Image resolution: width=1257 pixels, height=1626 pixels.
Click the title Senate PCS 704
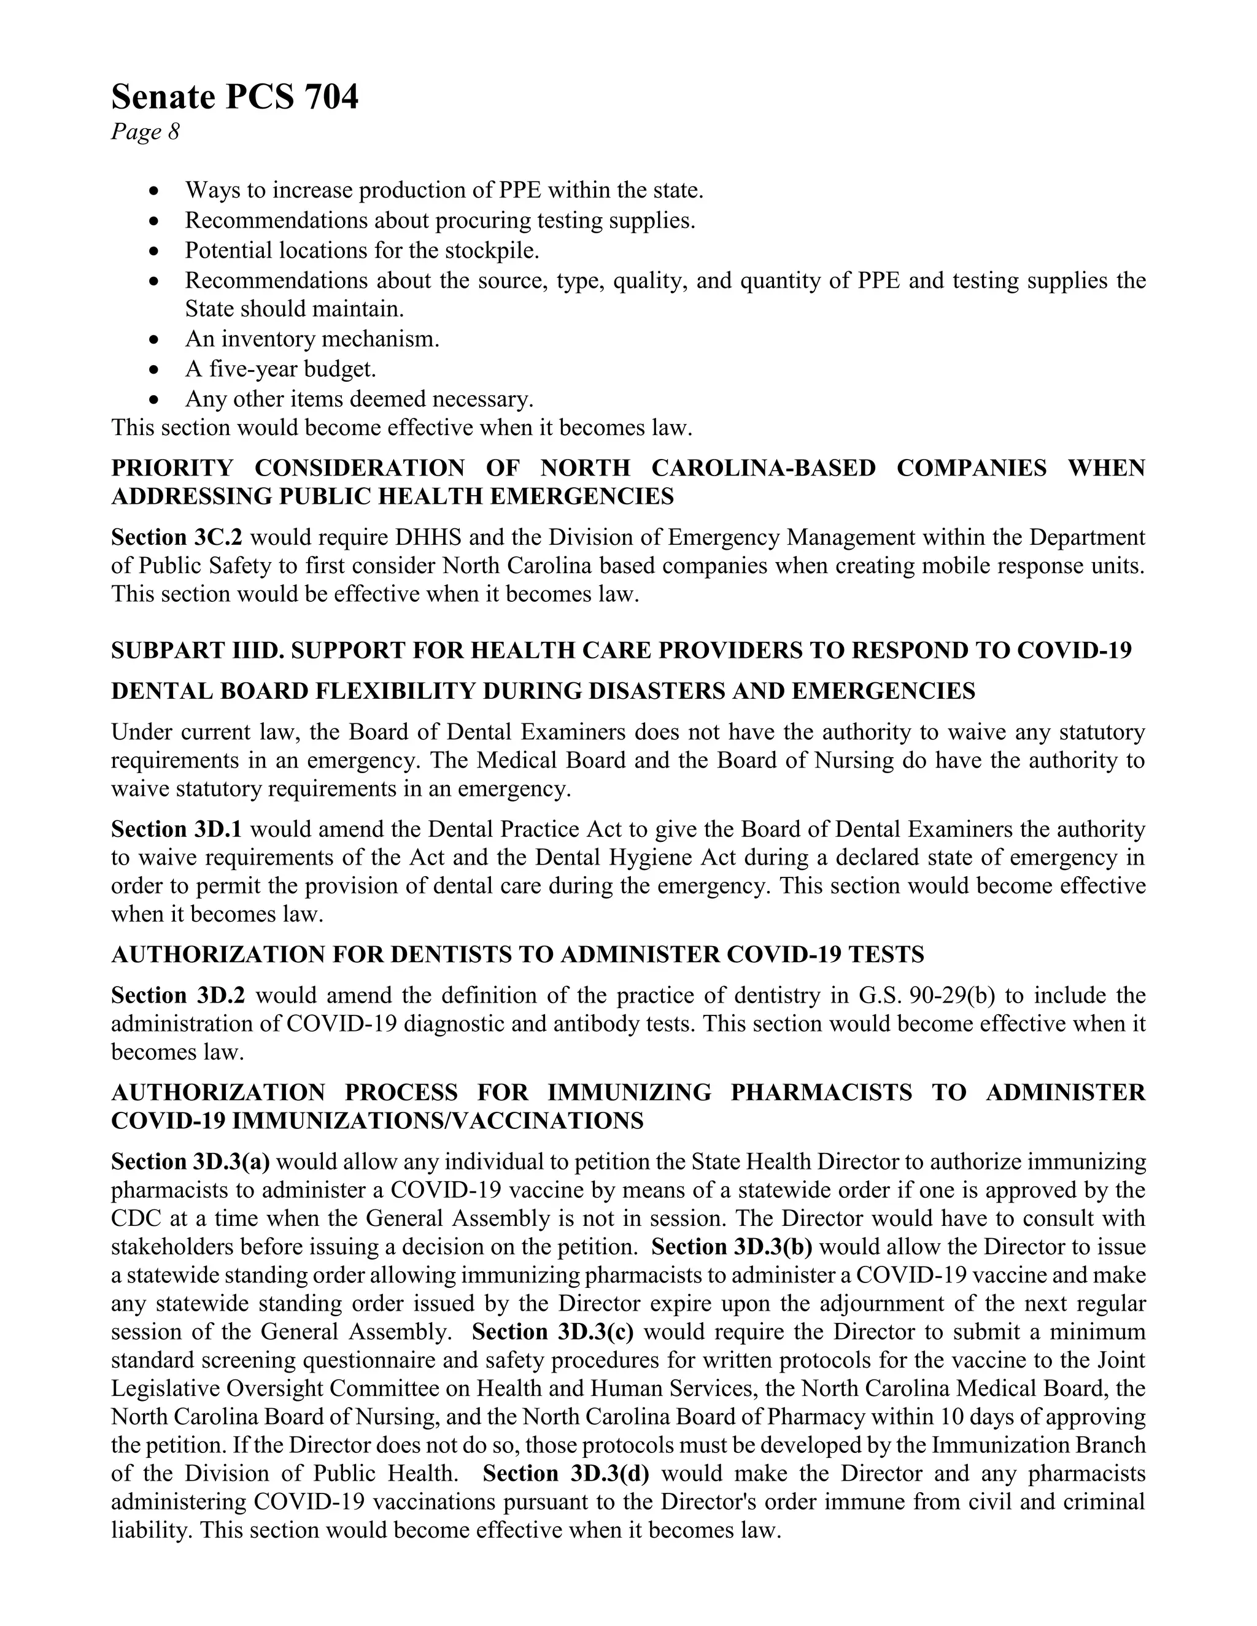[x=234, y=98]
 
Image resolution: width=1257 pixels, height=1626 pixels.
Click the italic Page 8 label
[x=145, y=133]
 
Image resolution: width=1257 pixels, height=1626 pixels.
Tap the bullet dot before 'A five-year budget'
[x=154, y=370]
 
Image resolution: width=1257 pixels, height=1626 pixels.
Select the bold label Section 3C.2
[x=177, y=538]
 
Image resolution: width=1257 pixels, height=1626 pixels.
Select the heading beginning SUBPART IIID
[x=621, y=650]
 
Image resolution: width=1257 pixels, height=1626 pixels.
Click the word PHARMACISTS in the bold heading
[x=821, y=1093]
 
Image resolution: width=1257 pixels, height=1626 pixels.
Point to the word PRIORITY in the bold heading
[x=172, y=468]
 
